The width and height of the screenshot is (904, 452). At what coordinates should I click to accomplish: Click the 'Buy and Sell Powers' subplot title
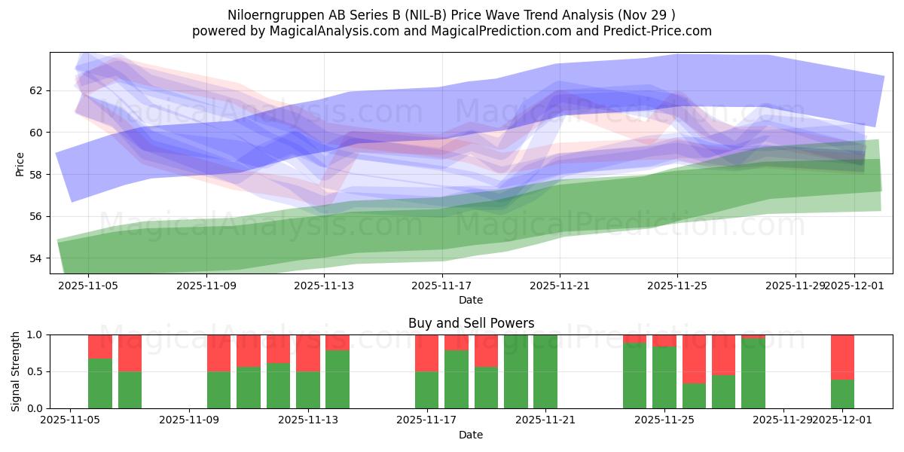pos(471,323)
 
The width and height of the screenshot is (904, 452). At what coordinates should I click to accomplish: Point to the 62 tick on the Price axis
pos(35,90)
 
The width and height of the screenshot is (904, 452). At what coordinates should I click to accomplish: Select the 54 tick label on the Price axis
pos(35,258)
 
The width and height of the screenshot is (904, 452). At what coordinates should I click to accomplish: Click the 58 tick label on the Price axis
pos(35,175)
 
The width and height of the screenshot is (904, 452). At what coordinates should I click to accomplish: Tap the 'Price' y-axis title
pos(20,163)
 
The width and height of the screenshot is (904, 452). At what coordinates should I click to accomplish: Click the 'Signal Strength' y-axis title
pos(16,371)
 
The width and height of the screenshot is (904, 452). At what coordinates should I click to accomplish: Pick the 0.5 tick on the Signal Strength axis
pos(35,371)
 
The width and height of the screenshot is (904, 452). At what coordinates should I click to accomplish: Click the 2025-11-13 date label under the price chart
pos(323,286)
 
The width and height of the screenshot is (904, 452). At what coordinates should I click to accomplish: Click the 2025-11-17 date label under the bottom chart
pos(426,420)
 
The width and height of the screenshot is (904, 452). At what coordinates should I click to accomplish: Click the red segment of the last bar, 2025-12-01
pos(842,356)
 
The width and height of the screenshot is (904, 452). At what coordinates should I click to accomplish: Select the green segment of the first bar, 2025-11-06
pos(100,383)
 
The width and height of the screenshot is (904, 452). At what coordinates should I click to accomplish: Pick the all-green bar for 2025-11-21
pos(545,371)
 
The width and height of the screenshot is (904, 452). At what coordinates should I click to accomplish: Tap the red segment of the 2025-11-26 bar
pos(694,359)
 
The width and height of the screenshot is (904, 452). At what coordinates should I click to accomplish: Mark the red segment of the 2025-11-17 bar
pos(426,353)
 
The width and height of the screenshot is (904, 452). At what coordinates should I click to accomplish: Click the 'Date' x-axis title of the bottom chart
pos(471,435)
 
